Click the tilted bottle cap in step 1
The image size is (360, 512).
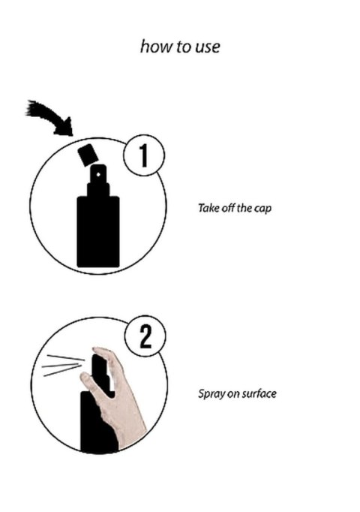[x=88, y=155]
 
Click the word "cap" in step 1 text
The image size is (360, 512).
[x=262, y=208]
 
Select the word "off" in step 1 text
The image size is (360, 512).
[x=227, y=208]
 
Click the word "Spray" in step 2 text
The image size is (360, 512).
[x=209, y=393]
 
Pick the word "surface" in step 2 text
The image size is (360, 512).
[x=259, y=393]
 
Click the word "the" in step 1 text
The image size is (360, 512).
[x=244, y=208]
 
